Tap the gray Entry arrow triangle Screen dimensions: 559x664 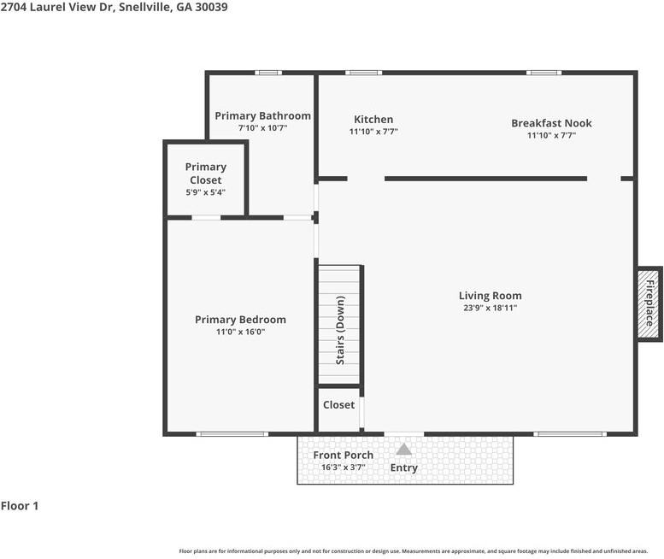403,449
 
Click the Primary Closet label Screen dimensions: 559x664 206,174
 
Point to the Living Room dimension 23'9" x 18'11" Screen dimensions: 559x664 490,308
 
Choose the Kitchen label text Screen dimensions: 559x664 373,120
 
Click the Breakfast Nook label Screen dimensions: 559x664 551,123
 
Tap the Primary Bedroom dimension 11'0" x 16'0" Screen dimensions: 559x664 240,332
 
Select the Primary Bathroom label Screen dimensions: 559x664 262,115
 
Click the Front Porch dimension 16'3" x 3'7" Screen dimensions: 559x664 343,468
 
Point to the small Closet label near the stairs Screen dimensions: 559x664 338,404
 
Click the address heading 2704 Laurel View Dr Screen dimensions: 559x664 114,7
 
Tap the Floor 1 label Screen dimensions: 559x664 20,506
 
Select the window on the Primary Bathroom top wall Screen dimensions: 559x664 268,73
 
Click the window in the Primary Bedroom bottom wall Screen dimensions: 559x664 232,434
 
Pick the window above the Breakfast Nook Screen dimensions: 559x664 544,73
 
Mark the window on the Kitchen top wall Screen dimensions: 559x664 363,73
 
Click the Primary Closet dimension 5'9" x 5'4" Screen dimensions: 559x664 206,193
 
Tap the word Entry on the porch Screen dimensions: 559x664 403,468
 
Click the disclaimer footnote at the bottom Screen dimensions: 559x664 414,551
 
